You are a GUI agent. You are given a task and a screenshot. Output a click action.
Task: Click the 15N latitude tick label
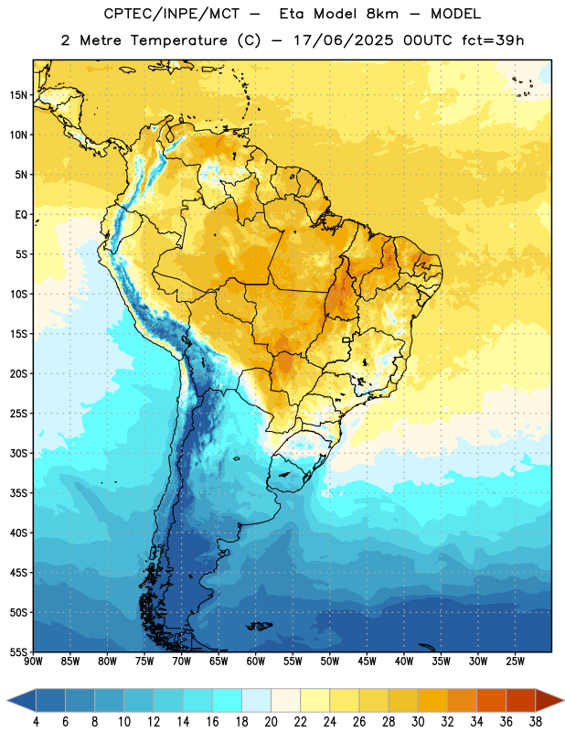click(18, 95)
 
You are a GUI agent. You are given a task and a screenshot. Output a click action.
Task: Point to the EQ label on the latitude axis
click(21, 215)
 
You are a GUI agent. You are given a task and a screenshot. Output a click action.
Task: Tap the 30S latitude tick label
click(18, 453)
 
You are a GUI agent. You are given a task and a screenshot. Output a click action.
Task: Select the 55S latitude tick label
click(18, 651)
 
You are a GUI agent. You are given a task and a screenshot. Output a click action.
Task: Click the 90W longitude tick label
click(33, 662)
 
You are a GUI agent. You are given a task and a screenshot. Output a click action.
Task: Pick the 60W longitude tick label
click(256, 662)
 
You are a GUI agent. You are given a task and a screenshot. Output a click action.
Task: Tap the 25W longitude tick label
click(515, 662)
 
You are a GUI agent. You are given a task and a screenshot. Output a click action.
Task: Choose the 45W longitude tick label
click(367, 662)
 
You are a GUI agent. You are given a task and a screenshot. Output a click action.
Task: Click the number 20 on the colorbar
click(271, 722)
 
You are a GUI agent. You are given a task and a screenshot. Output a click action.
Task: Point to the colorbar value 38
click(536, 722)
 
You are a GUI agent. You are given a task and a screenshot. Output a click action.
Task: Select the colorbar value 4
click(36, 722)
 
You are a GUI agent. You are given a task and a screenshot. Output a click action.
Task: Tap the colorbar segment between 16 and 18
click(228, 700)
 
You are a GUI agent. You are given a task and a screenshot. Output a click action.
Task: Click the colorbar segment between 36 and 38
click(521, 700)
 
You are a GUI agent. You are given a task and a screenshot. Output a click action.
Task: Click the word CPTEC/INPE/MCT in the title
click(172, 14)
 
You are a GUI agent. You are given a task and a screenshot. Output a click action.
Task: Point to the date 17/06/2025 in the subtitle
click(344, 40)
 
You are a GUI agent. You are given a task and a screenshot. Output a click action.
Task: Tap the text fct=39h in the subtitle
click(493, 40)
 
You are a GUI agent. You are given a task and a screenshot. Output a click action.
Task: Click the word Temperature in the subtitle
click(178, 40)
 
